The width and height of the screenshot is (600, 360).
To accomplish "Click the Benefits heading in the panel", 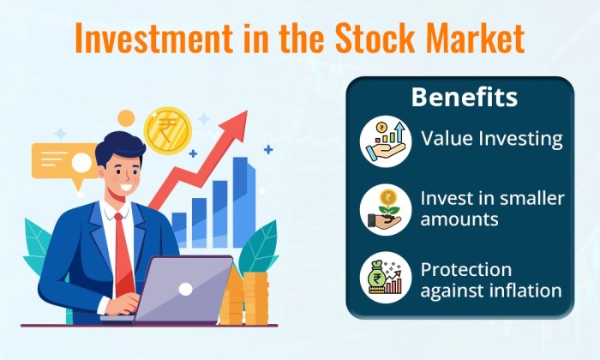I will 464,97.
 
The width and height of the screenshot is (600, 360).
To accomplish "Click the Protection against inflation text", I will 490,280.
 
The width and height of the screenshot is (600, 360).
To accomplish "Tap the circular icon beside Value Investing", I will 386,141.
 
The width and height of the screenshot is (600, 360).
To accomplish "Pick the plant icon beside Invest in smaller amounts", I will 386,209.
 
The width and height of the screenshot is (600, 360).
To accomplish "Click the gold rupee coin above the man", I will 167,129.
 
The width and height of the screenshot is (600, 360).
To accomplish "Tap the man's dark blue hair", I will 117,151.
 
